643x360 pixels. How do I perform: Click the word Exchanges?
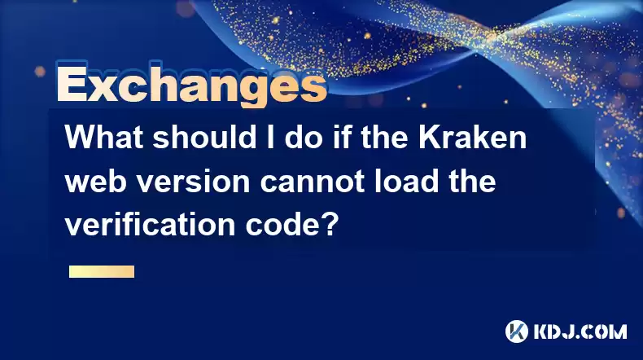192,85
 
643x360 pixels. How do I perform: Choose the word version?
193,181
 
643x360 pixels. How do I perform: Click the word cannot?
313,181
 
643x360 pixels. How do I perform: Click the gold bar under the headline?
102,271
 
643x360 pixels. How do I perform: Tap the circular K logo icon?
517,331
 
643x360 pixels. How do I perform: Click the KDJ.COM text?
580,331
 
